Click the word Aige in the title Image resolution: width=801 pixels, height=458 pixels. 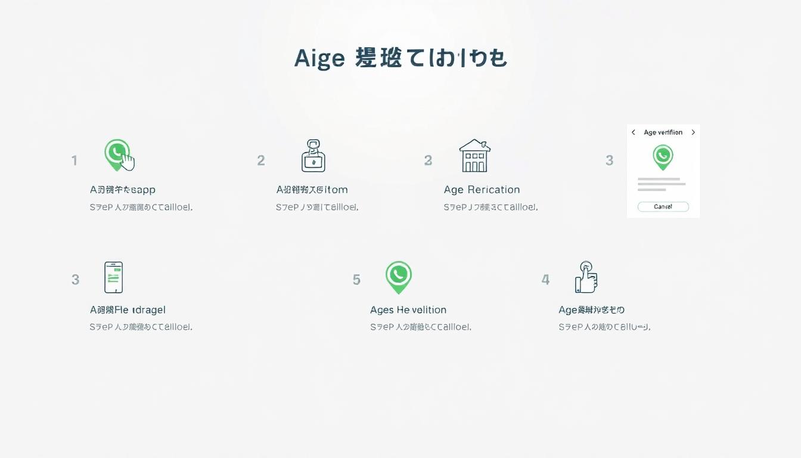(319, 58)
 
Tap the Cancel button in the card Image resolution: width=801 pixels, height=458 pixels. (663, 206)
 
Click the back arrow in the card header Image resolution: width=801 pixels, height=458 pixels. (634, 132)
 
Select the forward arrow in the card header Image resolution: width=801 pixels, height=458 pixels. (693, 132)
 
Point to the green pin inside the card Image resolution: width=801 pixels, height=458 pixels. (663, 157)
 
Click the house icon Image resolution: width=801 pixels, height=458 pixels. (474, 156)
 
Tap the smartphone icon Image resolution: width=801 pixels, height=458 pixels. (113, 277)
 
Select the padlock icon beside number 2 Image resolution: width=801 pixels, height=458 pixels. (313, 156)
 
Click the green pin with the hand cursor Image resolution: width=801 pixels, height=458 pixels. (119, 154)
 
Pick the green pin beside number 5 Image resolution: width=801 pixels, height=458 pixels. (398, 277)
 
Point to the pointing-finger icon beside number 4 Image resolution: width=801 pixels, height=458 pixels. (586, 277)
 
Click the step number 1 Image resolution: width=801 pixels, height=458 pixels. (74, 160)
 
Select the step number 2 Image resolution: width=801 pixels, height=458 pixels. (261, 160)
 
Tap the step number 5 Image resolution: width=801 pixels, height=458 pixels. (356, 280)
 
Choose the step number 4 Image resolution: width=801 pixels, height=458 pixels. (545, 280)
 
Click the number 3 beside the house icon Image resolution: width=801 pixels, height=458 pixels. (428, 160)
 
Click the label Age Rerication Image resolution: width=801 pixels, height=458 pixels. (482, 190)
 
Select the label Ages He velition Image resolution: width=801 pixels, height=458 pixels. (408, 310)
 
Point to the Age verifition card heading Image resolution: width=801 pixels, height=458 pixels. (663, 132)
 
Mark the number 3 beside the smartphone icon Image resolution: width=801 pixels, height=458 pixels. (75, 280)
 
